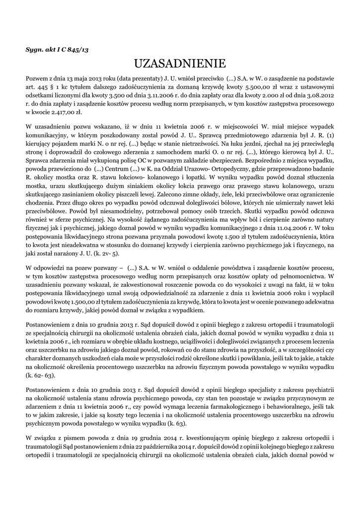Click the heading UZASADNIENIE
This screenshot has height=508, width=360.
(180, 63)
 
